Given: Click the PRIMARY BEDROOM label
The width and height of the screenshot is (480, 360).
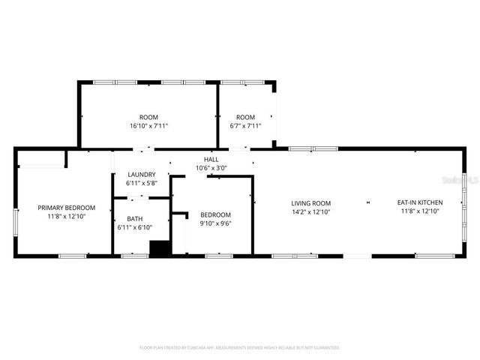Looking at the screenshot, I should (x=67, y=208).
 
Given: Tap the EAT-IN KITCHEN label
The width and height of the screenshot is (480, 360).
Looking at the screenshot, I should (x=420, y=202).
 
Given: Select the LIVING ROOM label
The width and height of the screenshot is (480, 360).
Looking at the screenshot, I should (x=311, y=202).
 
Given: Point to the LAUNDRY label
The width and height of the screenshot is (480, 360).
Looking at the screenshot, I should (x=142, y=175).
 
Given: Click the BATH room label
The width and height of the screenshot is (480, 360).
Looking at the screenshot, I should (x=134, y=219).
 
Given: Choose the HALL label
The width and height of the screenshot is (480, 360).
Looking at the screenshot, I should (x=211, y=159).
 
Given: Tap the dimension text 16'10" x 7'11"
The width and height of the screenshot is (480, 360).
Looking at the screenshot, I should (x=148, y=126).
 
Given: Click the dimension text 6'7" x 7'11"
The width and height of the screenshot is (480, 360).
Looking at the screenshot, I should (x=245, y=126).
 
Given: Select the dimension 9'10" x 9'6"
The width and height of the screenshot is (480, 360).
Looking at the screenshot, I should (x=214, y=223).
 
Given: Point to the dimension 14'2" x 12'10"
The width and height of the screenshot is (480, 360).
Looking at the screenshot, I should (x=311, y=211).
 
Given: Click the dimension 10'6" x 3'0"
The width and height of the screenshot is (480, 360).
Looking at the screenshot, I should (x=211, y=168).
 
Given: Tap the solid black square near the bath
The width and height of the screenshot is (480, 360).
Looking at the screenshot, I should (x=159, y=249).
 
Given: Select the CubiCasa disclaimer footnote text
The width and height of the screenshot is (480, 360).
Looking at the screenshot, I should (x=240, y=348).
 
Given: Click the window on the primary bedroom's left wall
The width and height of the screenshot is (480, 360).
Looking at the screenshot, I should (x=16, y=222).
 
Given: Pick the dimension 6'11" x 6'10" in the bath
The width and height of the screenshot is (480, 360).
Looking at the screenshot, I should (x=134, y=227).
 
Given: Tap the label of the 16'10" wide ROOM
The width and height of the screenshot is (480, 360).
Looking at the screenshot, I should (x=148, y=117).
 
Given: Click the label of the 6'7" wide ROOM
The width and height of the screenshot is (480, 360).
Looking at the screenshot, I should (x=245, y=117).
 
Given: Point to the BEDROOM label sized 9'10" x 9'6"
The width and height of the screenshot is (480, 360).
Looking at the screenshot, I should (x=214, y=214).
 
